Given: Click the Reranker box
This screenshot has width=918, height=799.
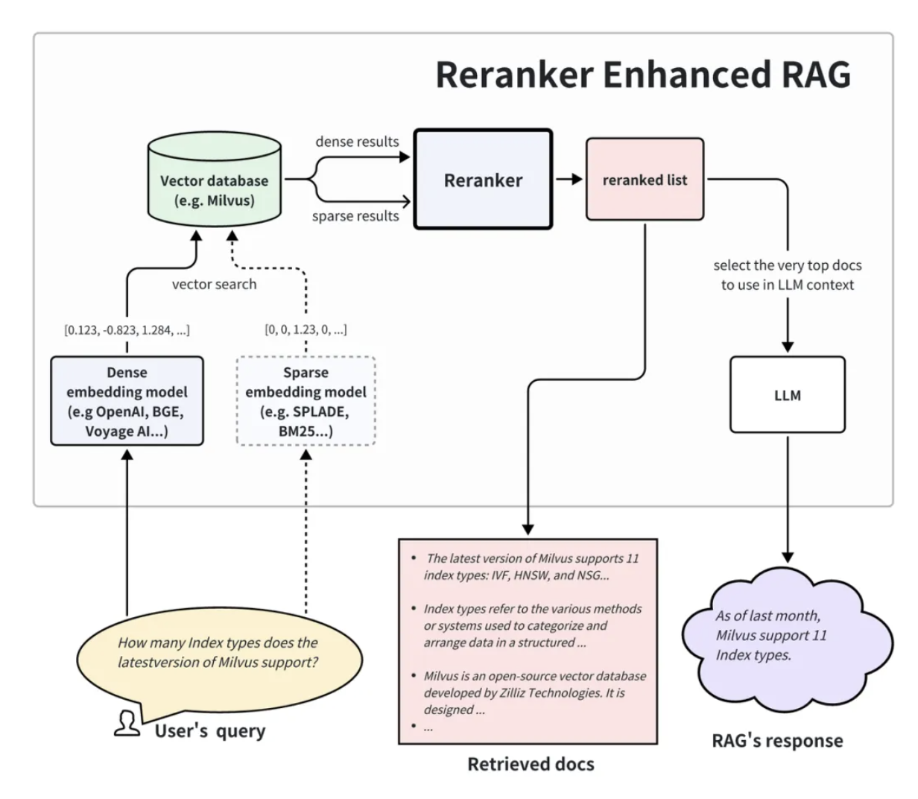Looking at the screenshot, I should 483,180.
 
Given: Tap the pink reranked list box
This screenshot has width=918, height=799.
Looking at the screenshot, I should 645,180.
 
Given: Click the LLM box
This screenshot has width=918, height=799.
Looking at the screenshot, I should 787,395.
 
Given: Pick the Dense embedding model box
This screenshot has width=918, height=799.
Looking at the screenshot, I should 127,401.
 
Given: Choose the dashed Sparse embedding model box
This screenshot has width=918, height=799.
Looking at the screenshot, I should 306,401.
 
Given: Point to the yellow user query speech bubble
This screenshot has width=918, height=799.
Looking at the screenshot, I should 218,653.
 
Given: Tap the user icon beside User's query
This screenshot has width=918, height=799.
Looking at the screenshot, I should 127,723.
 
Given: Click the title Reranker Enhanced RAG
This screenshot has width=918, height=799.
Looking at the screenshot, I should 642,74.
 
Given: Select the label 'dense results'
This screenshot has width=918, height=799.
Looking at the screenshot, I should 357,142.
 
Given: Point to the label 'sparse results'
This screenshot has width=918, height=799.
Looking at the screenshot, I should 355,216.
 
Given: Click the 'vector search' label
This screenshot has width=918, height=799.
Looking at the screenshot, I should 214,284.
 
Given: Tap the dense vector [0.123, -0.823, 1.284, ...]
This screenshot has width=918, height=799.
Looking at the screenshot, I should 127,329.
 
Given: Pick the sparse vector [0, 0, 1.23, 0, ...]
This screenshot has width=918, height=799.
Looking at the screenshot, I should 306,329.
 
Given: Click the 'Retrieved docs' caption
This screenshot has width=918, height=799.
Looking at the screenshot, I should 531,764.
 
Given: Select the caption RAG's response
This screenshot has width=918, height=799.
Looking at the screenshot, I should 777,741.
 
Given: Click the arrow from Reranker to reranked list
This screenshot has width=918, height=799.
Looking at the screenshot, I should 569,180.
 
